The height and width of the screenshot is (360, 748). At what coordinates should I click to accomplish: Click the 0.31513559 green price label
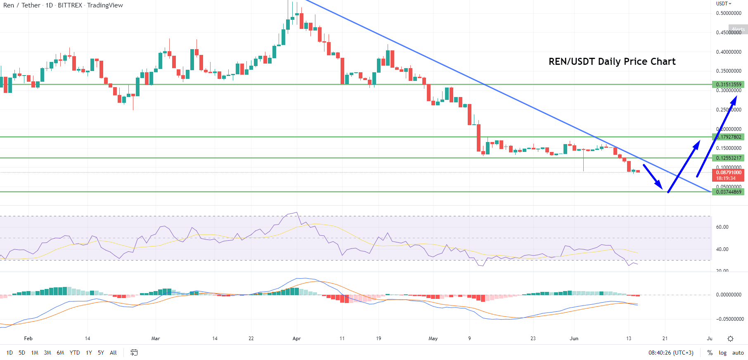click(728, 85)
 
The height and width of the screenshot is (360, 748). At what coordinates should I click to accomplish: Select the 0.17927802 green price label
click(728, 137)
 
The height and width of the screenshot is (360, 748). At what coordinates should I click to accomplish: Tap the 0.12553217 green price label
click(728, 158)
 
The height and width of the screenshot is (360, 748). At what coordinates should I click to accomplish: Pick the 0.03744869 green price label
click(728, 192)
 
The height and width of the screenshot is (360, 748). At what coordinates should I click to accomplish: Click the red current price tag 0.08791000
click(728, 175)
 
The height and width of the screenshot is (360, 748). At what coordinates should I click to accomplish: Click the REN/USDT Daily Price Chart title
click(612, 62)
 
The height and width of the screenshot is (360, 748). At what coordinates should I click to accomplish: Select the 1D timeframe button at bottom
click(9, 353)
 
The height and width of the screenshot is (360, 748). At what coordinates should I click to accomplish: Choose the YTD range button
click(75, 353)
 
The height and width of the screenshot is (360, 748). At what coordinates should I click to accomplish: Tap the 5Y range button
click(101, 353)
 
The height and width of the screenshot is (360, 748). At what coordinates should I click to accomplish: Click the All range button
click(113, 353)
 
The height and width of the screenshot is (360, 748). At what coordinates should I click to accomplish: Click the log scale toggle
click(722, 353)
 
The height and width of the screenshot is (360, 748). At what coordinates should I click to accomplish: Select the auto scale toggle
click(738, 353)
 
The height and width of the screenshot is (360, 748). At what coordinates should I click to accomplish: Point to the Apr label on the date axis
click(296, 339)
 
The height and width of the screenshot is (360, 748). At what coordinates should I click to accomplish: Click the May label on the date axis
click(433, 339)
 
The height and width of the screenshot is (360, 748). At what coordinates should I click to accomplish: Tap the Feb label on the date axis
click(28, 339)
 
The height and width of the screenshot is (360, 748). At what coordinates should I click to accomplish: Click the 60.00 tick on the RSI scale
click(722, 227)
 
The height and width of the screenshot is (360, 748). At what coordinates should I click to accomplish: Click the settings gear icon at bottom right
click(730, 339)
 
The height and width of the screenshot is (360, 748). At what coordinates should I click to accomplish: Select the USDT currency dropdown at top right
click(723, 4)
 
